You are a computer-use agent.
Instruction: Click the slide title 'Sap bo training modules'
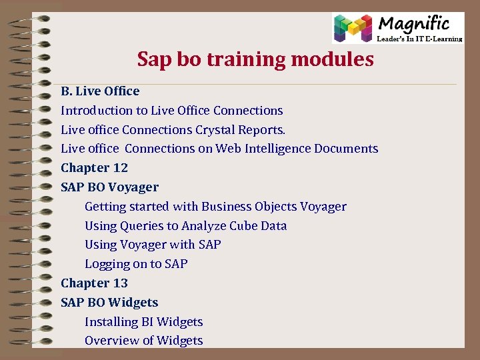pos(255,59)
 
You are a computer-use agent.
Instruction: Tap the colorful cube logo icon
pos(353,29)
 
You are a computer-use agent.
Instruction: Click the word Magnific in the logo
pos(414,24)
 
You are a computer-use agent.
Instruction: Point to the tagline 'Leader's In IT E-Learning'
pos(419,39)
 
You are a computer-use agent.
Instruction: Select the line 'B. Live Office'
pos(100,91)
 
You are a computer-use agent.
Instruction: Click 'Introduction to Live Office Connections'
pos(172,111)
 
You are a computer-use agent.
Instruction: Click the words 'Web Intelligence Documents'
pos(297,149)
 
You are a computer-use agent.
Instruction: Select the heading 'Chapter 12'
pos(94,168)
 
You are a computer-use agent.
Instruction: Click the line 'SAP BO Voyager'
pos(109,187)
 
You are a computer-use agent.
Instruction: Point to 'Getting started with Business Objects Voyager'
pos(215,207)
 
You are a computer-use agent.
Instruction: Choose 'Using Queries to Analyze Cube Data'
pos(185,226)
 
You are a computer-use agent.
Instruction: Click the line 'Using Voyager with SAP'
pos(153,245)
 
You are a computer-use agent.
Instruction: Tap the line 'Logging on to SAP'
pos(136,264)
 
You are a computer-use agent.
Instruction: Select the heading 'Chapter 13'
pos(94,283)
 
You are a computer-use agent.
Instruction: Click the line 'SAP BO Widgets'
pos(109,303)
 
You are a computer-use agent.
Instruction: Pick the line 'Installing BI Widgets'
pos(143,322)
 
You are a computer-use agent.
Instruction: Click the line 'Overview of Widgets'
pos(143,341)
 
